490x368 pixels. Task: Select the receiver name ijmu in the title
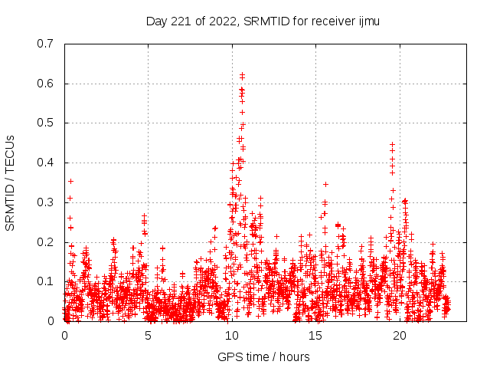367,21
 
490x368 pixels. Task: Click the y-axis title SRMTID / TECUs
11,182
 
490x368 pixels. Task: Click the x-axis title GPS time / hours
263,356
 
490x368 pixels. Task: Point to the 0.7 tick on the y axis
45,44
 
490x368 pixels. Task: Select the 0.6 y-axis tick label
45,84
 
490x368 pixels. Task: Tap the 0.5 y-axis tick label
45,123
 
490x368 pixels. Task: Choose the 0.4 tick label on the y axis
45,163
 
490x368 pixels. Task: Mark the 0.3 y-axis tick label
45,202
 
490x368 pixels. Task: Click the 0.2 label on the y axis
45,242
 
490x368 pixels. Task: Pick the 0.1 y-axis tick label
45,281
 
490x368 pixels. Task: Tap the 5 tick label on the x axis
149,336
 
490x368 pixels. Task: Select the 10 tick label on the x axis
232,336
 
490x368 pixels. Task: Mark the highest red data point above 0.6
242,75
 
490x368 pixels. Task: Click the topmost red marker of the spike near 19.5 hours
393,144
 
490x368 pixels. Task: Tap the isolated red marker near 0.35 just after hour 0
70,181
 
